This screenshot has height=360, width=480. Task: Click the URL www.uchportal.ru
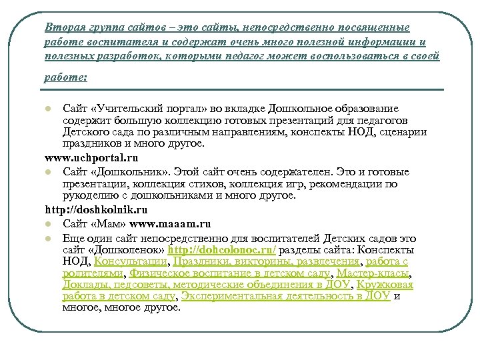(x=91, y=159)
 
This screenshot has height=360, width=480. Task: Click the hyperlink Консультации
(x=131, y=261)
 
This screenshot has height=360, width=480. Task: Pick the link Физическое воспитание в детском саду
(x=229, y=273)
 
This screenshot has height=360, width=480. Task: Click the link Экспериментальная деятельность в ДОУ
(x=287, y=297)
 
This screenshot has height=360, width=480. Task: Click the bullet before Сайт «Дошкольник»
(x=47, y=172)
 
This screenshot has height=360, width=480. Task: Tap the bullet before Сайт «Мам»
(x=47, y=225)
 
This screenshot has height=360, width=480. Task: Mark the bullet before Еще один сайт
(x=47, y=238)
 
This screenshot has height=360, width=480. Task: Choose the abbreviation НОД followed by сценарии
(x=344, y=132)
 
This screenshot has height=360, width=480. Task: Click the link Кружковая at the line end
(x=385, y=285)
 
